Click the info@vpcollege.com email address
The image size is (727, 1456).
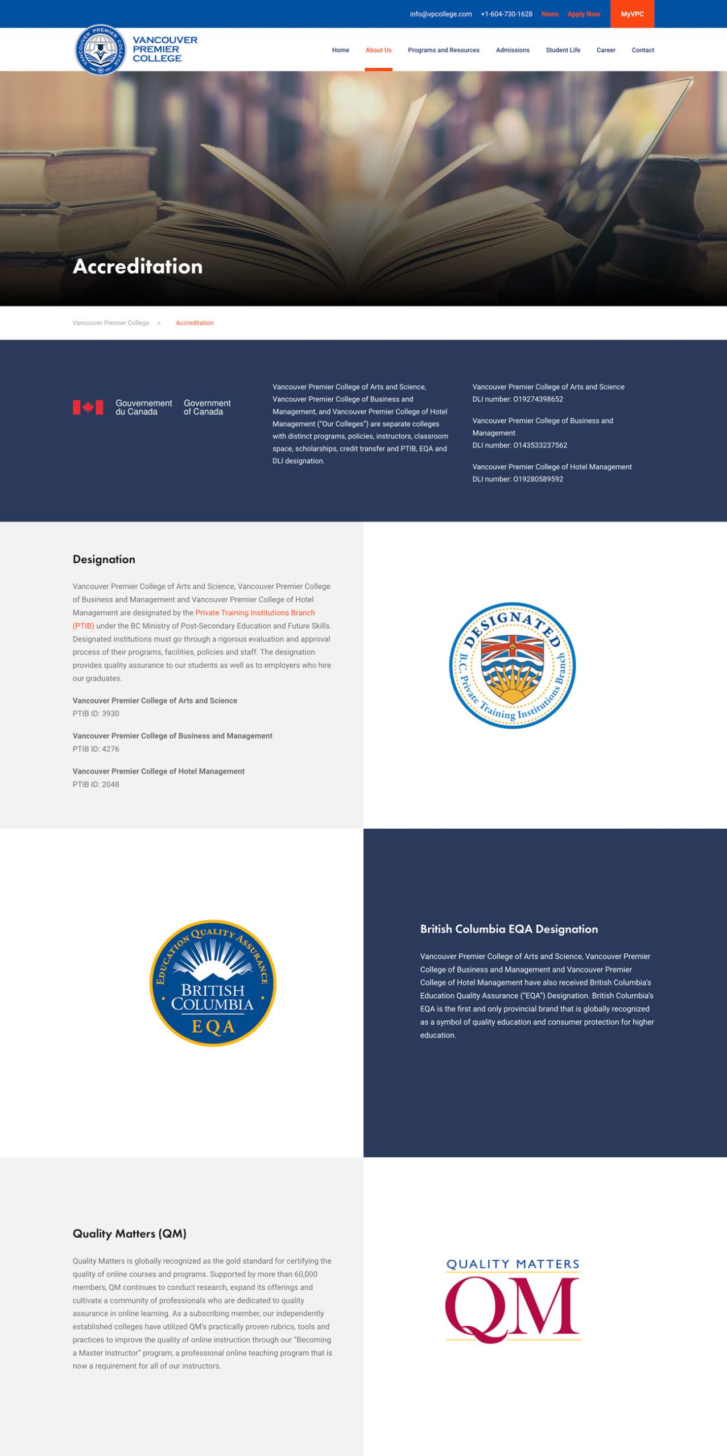coord(440,14)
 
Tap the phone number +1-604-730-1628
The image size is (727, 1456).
coord(506,14)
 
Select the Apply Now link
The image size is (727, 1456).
coord(583,14)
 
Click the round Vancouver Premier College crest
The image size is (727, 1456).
coord(101,49)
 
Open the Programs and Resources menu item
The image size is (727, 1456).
coord(443,50)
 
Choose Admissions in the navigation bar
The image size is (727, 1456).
coord(512,50)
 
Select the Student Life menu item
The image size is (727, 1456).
coord(563,50)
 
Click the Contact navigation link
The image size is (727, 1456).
coord(642,50)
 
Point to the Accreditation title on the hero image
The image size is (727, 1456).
coord(138,266)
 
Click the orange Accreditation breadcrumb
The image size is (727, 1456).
coord(195,323)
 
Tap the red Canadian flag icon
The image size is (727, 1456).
coord(88,407)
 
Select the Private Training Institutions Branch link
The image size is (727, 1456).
coord(255,613)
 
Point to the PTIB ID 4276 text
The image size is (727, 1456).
coord(96,749)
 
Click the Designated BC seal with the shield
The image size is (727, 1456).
coord(512,665)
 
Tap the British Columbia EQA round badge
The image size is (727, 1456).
coord(213,983)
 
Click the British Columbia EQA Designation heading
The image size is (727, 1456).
coord(509,929)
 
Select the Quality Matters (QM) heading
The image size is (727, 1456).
coord(129,1234)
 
